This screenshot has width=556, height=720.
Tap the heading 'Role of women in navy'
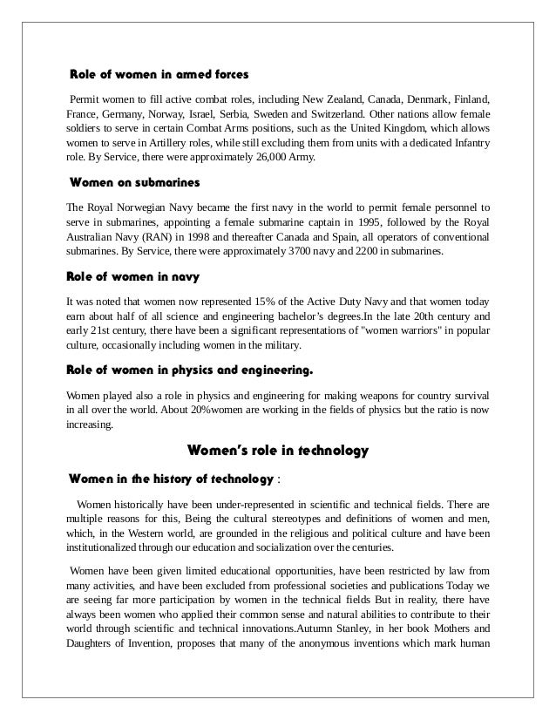pos(133,277)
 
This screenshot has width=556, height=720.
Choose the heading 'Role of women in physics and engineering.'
pos(189,371)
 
